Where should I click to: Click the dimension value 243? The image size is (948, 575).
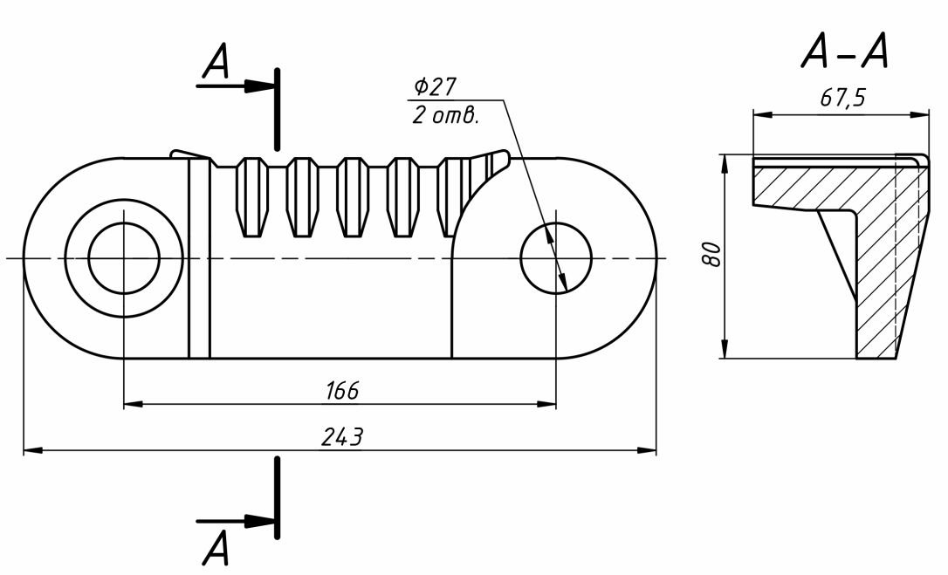click(x=341, y=437)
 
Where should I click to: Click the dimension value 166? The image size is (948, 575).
click(x=341, y=391)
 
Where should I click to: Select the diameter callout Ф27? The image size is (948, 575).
click(x=436, y=87)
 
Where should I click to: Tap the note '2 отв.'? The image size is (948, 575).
click(x=445, y=115)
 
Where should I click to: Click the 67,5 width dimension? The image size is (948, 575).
click(x=842, y=98)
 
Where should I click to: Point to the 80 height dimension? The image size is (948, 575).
click(x=711, y=256)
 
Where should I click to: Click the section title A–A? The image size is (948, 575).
click(x=844, y=55)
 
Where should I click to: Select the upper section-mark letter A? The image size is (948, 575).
click(x=215, y=63)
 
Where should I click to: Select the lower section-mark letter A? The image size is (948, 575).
click(x=215, y=549)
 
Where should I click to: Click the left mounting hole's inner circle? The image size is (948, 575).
click(x=124, y=258)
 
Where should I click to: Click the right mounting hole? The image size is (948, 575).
click(x=555, y=258)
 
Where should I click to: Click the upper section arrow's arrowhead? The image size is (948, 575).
click(x=259, y=86)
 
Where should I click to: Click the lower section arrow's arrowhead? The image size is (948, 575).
click(x=259, y=521)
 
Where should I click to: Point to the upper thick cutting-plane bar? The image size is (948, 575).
click(x=277, y=109)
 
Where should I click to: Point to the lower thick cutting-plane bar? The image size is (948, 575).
click(x=277, y=497)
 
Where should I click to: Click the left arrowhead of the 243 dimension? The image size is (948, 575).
click(x=31, y=450)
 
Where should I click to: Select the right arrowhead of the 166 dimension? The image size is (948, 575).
click(x=547, y=404)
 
